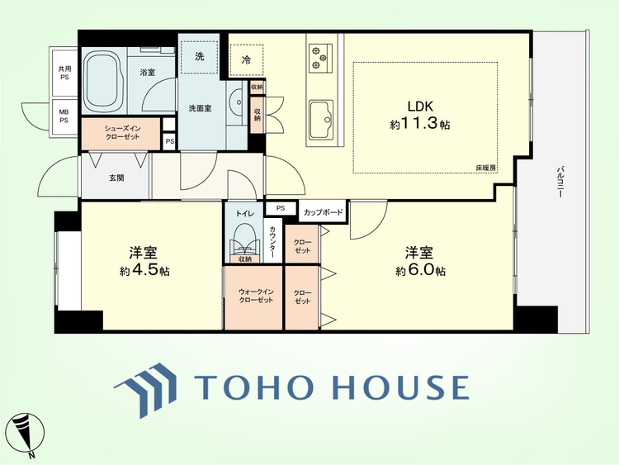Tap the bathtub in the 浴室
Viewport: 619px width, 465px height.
tap(103, 80)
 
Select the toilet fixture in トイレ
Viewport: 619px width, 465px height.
tap(245, 239)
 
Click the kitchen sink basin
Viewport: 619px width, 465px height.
tap(321, 119)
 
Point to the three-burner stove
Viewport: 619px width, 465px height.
tap(320, 58)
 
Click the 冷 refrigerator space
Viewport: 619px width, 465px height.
tap(246, 59)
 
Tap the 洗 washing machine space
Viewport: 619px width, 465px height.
tap(200, 56)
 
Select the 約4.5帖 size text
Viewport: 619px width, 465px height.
tap(145, 270)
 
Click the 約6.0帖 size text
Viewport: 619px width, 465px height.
tap(421, 270)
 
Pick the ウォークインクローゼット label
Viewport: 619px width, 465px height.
tap(253, 296)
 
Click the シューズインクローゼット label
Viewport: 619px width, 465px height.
tap(122, 133)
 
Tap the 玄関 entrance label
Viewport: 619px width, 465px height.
tap(116, 178)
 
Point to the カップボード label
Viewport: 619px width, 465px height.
tap(323, 212)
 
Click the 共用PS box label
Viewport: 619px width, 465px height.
tap(64, 73)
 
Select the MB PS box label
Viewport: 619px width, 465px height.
tap(64, 116)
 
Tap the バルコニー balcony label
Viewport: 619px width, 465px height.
tap(560, 182)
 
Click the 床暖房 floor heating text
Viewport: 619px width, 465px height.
tap(485, 168)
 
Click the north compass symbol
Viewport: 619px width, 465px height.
tap(27, 434)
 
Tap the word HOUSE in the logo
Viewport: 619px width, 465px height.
tap(401, 387)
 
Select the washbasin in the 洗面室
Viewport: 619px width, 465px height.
tap(237, 102)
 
